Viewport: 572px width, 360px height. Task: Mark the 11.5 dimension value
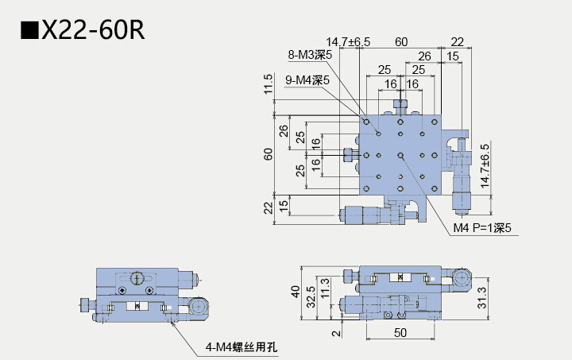pos(269,84)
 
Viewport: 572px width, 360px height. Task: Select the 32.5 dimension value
pos(311,296)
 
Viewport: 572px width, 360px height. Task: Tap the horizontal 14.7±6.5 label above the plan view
pos(348,41)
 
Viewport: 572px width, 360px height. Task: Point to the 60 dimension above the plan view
pos(401,41)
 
